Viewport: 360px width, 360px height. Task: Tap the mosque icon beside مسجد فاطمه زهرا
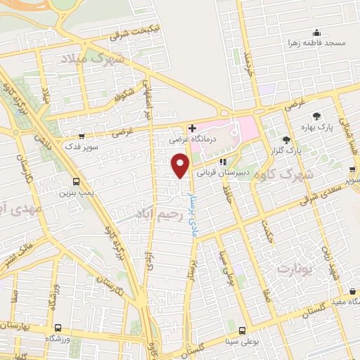coord(316,32)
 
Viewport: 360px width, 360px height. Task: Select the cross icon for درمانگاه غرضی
coord(192,128)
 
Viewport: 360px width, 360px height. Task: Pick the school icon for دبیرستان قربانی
coord(223,162)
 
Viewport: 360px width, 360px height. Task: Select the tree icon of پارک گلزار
coord(286,139)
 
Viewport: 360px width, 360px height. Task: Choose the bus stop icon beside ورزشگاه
coord(58,327)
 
